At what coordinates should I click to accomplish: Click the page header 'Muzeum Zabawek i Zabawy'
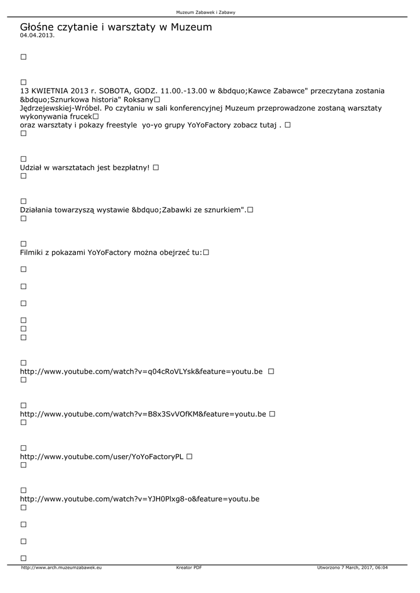click(x=210, y=12)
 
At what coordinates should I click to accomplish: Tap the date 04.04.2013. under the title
click(x=37, y=35)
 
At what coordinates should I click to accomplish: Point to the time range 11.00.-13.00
click(x=183, y=91)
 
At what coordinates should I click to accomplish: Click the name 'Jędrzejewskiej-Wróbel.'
click(x=61, y=108)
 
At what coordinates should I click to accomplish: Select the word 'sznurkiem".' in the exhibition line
click(x=225, y=210)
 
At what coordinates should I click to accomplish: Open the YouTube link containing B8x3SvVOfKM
click(x=143, y=414)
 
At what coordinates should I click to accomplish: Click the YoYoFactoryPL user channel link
click(x=101, y=456)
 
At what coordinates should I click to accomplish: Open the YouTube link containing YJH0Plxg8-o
click(x=140, y=499)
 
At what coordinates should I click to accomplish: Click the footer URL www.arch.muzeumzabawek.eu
click(x=61, y=568)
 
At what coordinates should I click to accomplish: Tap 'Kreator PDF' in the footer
click(x=189, y=568)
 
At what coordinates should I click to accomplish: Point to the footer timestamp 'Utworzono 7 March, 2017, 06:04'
click(x=352, y=568)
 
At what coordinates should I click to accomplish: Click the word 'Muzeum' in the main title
click(x=191, y=27)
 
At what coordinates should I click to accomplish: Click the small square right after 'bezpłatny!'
click(x=156, y=167)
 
